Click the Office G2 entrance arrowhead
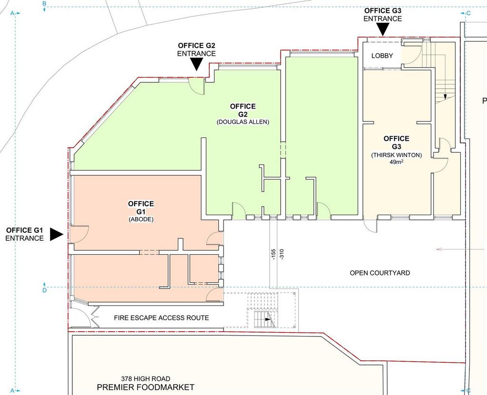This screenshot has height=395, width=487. click(x=196, y=64)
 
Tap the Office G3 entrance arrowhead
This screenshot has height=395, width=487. click(x=383, y=30)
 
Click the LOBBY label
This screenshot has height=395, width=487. click(x=382, y=56)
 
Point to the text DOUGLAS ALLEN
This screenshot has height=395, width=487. click(x=243, y=122)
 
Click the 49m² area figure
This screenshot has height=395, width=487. click(x=396, y=162)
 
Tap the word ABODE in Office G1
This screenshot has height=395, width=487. click(x=141, y=219)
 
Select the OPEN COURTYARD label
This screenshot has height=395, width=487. click(x=380, y=273)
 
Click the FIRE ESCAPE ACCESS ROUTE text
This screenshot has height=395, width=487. click(x=161, y=317)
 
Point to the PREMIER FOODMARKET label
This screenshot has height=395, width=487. click(x=146, y=387)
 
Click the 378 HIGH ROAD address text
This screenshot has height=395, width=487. click(x=146, y=378)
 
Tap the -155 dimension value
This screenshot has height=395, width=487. click(x=273, y=254)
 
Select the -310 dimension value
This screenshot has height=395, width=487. click(x=282, y=254)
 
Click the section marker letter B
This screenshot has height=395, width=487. click(x=44, y=4)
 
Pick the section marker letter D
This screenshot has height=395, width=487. click(x=44, y=290)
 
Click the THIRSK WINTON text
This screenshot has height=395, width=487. click(x=396, y=155)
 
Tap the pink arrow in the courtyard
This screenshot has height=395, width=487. click(x=461, y=249)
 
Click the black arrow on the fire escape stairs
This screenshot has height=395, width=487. click(x=268, y=319)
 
